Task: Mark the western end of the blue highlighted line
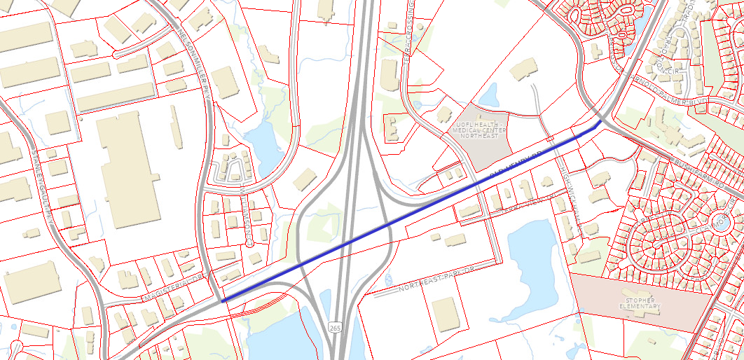pos(223,301)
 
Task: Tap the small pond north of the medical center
pos(488,94)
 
